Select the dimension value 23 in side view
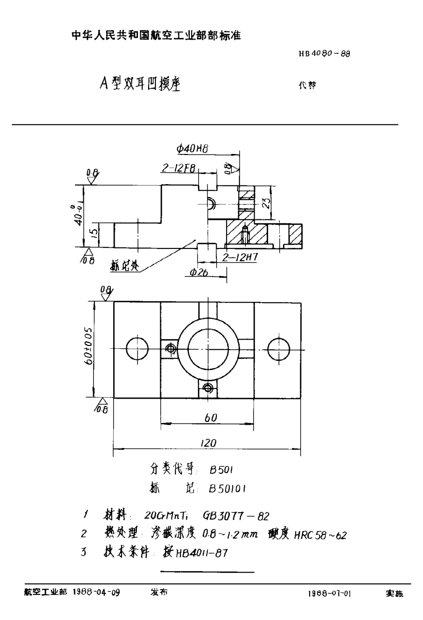(265, 202)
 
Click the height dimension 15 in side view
(95, 235)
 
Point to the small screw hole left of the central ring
(170, 348)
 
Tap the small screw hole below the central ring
(208, 387)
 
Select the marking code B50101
(227, 489)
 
